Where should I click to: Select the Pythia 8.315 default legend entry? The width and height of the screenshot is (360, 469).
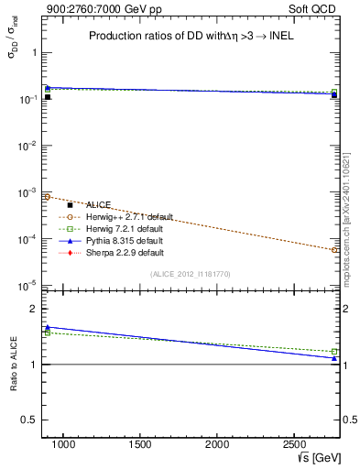(119, 240)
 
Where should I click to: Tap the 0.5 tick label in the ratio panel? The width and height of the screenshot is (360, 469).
(33, 420)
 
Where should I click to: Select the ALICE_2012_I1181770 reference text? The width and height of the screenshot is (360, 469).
(191, 273)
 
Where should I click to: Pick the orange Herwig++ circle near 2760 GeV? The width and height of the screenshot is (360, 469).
(334, 249)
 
